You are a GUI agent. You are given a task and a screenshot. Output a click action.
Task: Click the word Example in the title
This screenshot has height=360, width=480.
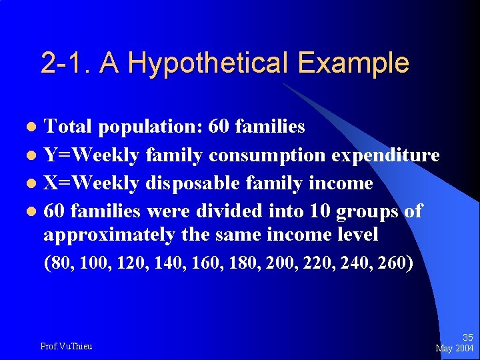tap(353, 63)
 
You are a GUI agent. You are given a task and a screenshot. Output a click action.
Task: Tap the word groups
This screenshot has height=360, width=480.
tap(366, 212)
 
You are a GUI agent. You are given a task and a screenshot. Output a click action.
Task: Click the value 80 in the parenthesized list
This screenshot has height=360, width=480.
tap(60, 263)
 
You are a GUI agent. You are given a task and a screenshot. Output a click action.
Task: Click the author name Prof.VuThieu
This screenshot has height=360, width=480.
tap(66, 346)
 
